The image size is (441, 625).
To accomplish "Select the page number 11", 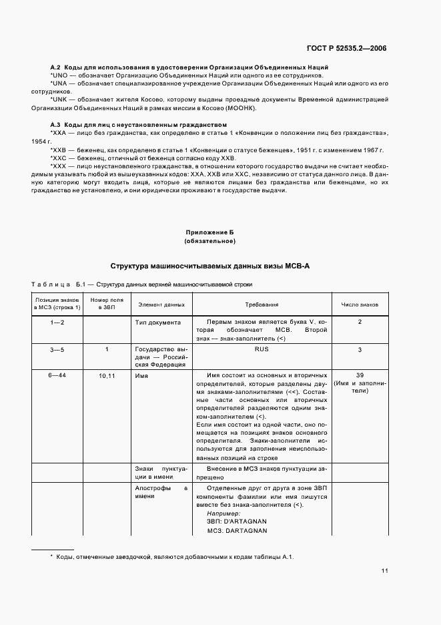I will [384, 570].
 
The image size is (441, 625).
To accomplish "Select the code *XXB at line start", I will [59, 150].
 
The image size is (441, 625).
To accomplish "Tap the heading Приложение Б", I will [209, 232].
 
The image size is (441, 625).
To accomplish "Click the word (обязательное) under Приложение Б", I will [209, 240].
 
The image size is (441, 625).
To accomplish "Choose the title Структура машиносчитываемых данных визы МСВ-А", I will [209, 266].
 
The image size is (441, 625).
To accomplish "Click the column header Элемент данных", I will [161, 304].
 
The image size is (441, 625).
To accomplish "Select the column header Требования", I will [262, 304].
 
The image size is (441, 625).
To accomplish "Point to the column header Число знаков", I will [360, 304].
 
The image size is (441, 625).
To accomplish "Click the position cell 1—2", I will [57, 322].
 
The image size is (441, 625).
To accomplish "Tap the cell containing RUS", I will [262, 349].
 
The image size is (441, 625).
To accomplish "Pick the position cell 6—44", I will [57, 375].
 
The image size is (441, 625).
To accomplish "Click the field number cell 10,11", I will [107, 376].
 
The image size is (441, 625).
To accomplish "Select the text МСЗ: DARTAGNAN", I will [236, 531].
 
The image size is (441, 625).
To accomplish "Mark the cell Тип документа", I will [157, 322].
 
